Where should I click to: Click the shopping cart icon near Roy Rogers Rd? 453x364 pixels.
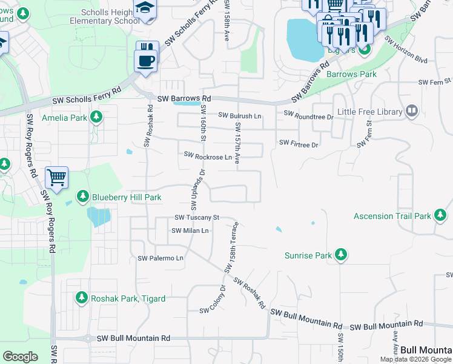point(56,178)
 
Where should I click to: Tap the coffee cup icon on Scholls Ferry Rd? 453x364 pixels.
point(147,61)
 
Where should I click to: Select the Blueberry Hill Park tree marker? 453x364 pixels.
point(83,197)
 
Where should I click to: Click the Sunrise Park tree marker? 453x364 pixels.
point(341,255)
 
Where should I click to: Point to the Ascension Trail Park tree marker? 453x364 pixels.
point(440,215)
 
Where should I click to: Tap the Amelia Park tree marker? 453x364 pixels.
point(95,117)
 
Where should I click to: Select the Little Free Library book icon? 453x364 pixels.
point(411,111)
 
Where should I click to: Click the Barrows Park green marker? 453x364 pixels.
point(364,50)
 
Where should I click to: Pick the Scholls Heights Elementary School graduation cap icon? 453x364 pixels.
point(145,7)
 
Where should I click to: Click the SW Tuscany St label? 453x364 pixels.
point(196,217)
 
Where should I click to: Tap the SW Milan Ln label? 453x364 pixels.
point(190,231)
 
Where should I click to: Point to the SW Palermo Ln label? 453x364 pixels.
point(160,258)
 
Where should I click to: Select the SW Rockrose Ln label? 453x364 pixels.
point(208,157)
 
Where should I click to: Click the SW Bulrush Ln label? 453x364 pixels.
point(240,115)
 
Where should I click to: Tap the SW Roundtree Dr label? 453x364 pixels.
point(308,114)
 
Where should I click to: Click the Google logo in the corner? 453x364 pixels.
point(20,357)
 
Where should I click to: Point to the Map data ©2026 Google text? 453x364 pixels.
point(415,359)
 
